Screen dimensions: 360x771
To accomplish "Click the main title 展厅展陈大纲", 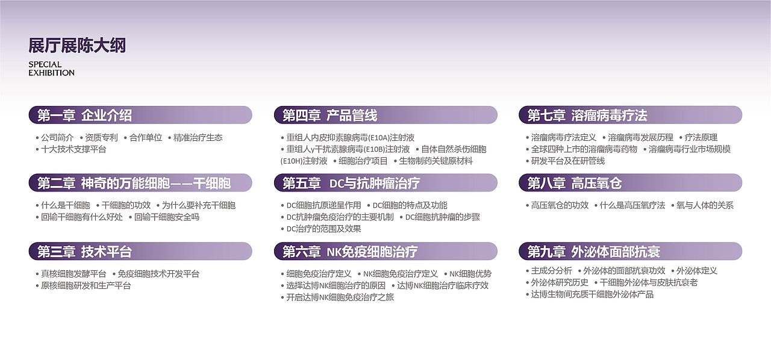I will (x=77, y=45).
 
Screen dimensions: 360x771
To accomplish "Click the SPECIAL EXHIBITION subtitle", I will (x=51, y=69).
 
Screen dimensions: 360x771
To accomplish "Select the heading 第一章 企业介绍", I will (x=84, y=115).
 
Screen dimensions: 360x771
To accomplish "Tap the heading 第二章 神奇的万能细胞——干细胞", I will (x=134, y=183).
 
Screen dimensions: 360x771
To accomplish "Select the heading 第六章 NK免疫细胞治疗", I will (x=350, y=251).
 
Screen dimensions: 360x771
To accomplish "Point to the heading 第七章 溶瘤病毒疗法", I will (x=587, y=115).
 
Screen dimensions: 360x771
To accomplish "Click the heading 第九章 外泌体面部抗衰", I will (x=593, y=251).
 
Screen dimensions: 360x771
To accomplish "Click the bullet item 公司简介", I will (x=57, y=137).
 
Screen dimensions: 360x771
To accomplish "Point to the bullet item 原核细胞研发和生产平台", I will (x=86, y=285).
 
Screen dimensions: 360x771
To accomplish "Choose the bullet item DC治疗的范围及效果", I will (x=323, y=229).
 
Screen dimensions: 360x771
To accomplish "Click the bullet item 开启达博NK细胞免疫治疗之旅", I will (x=340, y=297).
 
